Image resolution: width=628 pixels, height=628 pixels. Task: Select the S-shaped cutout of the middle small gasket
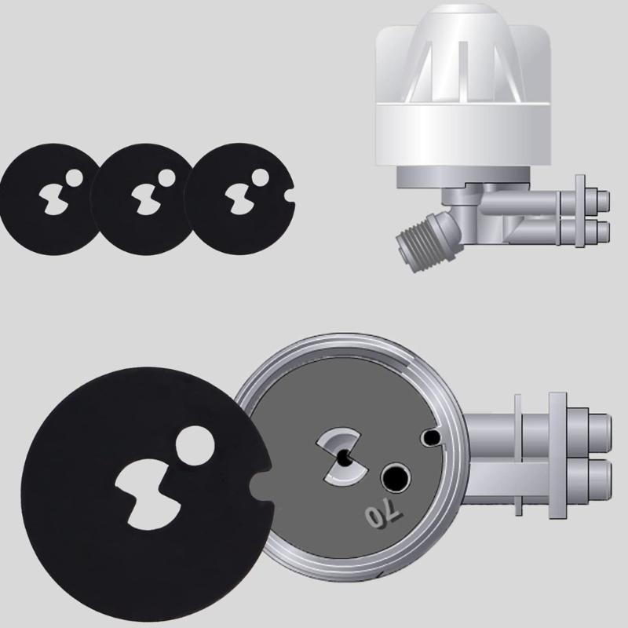coord(144,196)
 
